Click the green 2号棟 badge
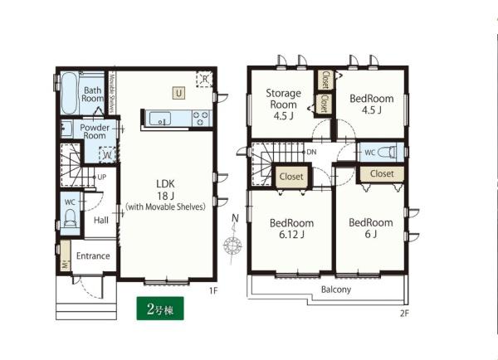160,309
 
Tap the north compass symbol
233,240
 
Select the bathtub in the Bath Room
69,93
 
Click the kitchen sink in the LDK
159,119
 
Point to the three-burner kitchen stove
201,118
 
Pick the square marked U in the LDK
178,93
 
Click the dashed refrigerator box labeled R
204,79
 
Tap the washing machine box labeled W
107,155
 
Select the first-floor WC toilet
70,218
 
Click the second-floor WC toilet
388,152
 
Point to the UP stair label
101,178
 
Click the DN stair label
311,152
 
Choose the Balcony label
336,289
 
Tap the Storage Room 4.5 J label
283,105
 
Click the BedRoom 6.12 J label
291,229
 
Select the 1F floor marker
213,290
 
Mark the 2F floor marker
404,314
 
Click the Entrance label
93,255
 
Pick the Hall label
101,220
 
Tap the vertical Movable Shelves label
111,92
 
